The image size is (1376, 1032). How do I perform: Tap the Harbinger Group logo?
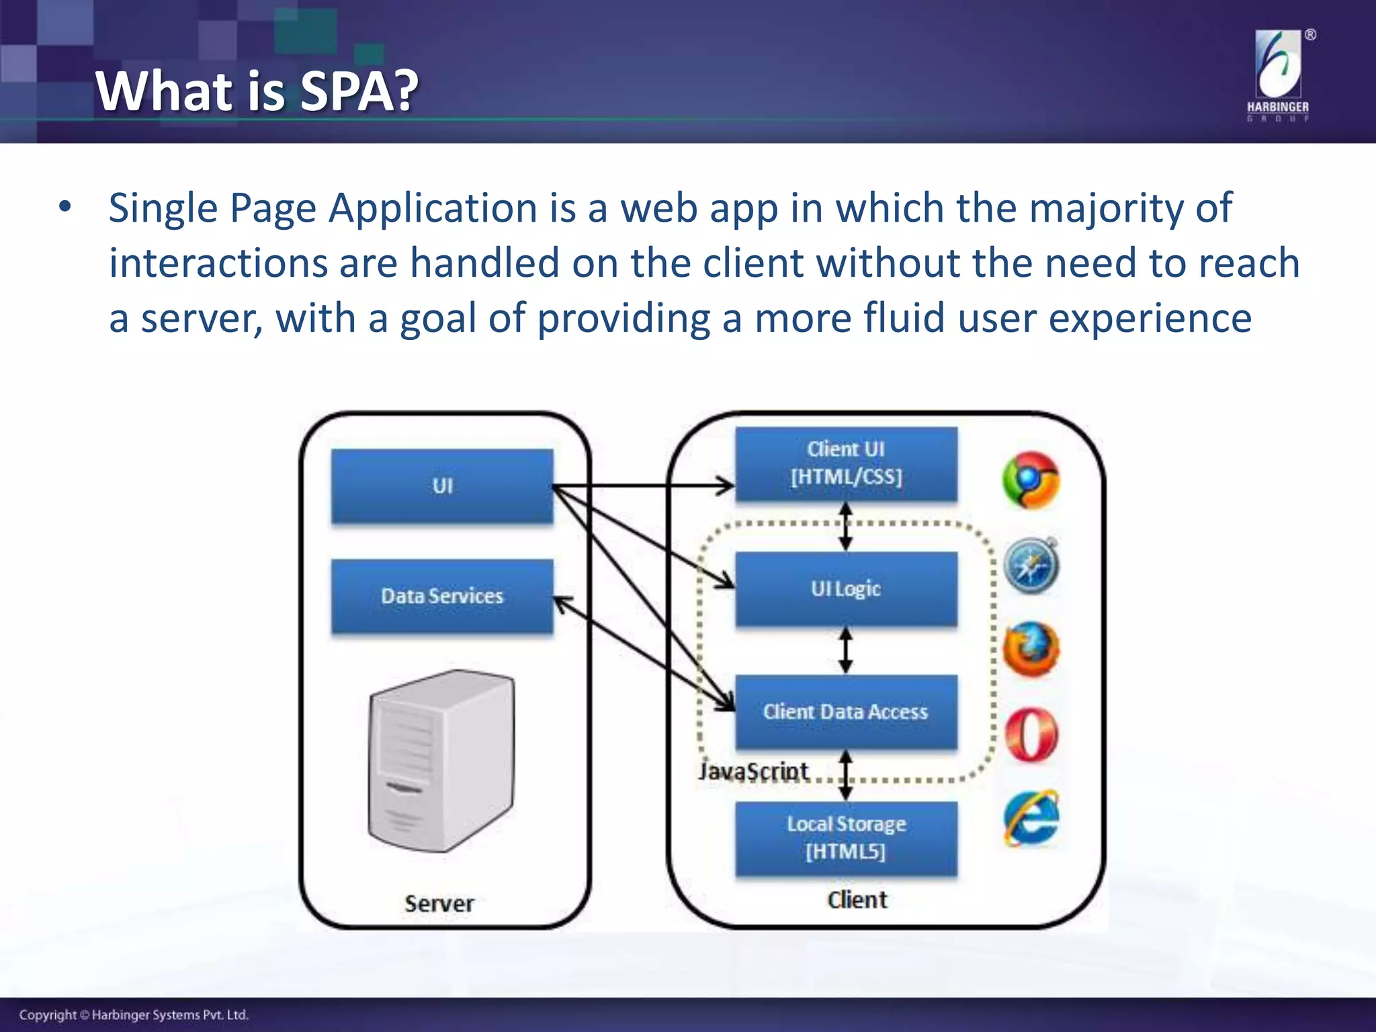click(x=1278, y=75)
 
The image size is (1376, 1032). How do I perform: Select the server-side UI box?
click(x=442, y=486)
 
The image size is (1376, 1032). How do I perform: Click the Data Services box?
click(x=442, y=596)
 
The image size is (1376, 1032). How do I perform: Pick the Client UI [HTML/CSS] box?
click(x=846, y=464)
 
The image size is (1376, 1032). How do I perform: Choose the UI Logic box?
click(x=846, y=589)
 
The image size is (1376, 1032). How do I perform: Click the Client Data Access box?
click(x=846, y=712)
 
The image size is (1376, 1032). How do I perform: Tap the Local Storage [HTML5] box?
click(x=846, y=838)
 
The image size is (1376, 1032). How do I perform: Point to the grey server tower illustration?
click(x=441, y=761)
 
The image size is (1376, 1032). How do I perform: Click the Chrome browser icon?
click(x=1031, y=480)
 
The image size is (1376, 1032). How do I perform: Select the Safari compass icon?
click(x=1031, y=566)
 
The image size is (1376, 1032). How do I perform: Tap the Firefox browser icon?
click(x=1031, y=650)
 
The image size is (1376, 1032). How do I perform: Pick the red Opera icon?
click(x=1031, y=734)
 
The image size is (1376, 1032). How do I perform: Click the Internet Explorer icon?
click(x=1031, y=819)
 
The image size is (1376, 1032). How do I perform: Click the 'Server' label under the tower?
click(x=439, y=904)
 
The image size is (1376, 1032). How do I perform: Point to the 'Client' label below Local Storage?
click(x=857, y=900)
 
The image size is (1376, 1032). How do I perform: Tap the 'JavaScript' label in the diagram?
click(x=753, y=771)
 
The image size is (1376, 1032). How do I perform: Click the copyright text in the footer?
click(x=134, y=1015)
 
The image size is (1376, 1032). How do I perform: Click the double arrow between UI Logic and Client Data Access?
click(x=846, y=650)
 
